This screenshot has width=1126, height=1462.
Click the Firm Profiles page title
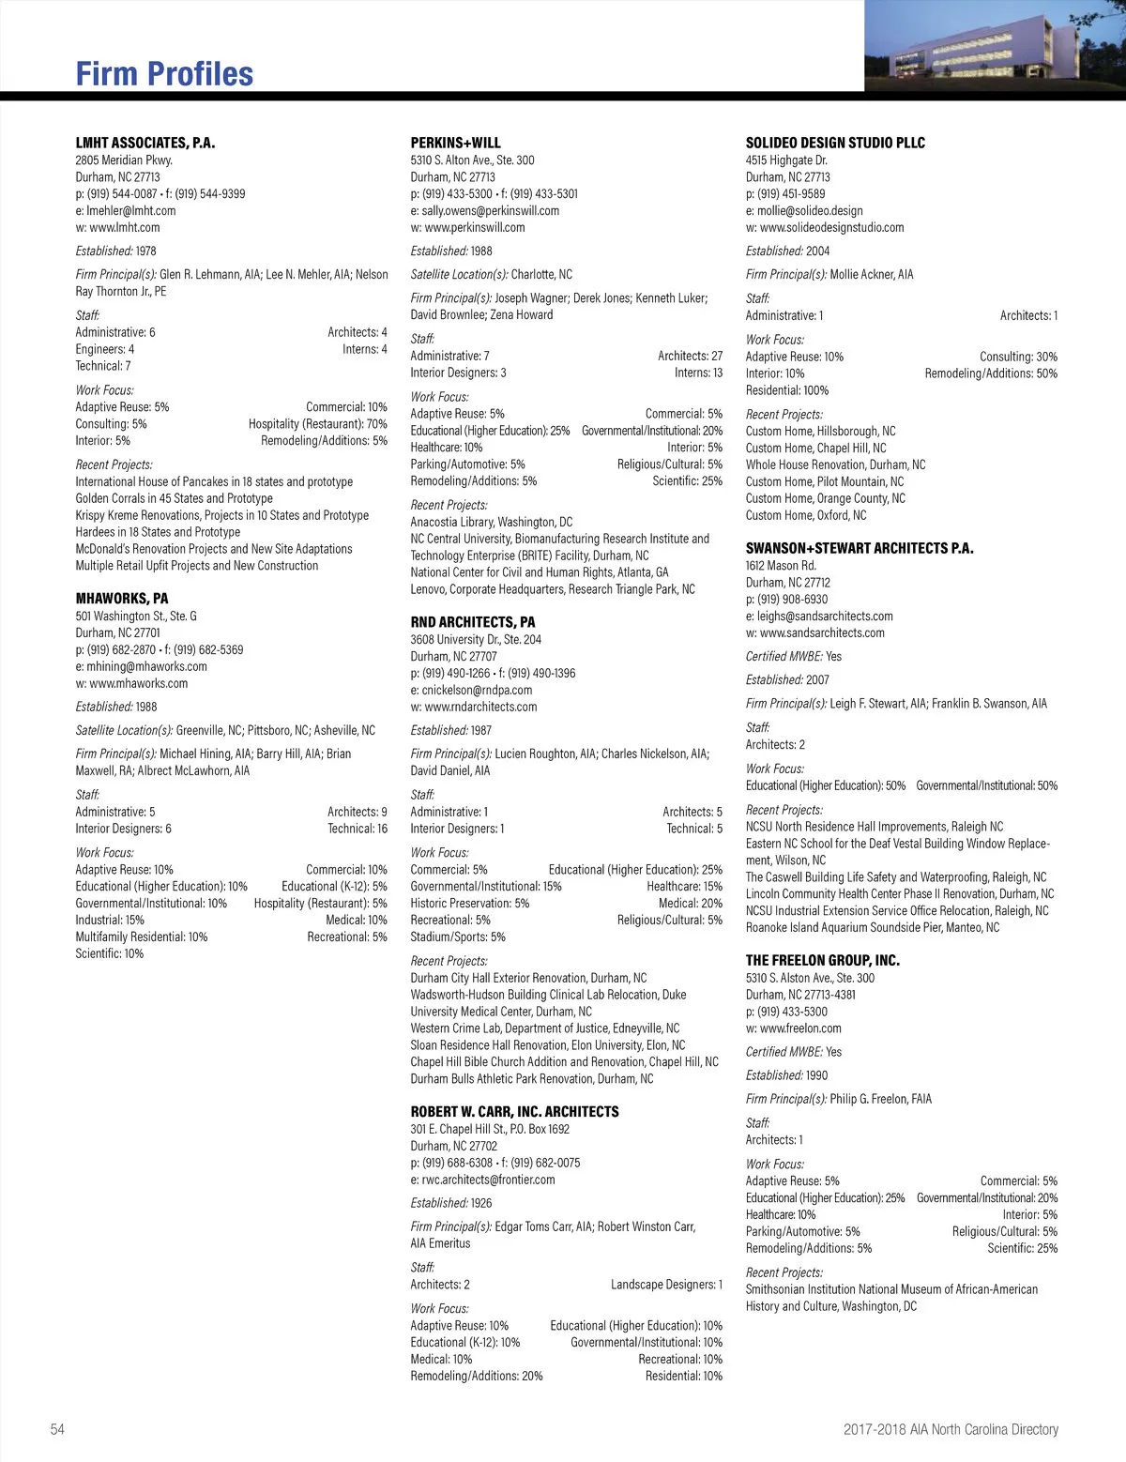click(x=164, y=74)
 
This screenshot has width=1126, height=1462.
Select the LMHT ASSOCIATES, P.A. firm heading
click(x=145, y=143)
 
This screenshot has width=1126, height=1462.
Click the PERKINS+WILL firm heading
click(x=456, y=143)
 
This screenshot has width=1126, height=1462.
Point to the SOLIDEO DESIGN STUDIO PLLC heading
click(x=835, y=143)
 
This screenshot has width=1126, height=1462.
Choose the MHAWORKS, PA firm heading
click(x=122, y=598)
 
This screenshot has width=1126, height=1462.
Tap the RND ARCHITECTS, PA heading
click(x=473, y=621)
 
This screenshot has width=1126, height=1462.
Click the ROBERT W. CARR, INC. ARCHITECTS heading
click(x=514, y=1111)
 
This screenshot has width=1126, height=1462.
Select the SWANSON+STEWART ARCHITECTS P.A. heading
click(x=860, y=548)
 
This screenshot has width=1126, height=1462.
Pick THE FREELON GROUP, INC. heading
click(x=822, y=960)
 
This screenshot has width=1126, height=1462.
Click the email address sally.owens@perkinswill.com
click(x=484, y=210)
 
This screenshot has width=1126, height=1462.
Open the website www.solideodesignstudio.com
click(x=825, y=227)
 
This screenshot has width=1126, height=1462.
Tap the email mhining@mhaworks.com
click(x=141, y=666)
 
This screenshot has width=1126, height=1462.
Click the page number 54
click(x=58, y=1429)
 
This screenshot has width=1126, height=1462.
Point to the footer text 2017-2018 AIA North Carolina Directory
click(x=951, y=1429)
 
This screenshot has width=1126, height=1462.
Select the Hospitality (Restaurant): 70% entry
click(x=317, y=424)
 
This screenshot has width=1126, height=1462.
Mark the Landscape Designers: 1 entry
click(x=666, y=1285)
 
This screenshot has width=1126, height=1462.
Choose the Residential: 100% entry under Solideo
click(x=787, y=390)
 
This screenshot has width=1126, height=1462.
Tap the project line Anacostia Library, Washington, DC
click(x=492, y=522)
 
